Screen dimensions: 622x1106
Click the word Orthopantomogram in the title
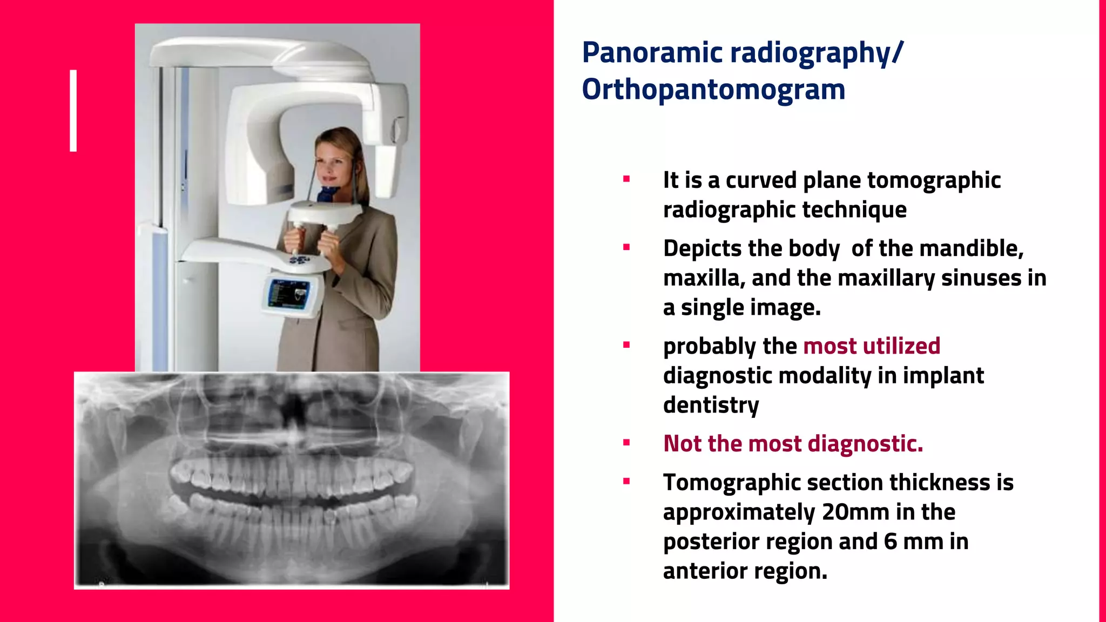click(x=713, y=90)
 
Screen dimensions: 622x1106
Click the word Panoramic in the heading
click(x=652, y=53)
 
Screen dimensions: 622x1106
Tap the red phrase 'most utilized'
click(x=872, y=346)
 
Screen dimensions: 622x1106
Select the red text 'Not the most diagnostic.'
click(x=793, y=444)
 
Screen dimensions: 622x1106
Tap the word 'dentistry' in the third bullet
click(x=711, y=405)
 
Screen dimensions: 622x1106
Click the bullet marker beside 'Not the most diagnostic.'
click(x=626, y=443)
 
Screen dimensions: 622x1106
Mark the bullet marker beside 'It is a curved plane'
click(x=626, y=179)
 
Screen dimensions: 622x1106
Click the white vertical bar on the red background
click(x=73, y=111)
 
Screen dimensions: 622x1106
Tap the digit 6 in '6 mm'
click(x=891, y=542)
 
